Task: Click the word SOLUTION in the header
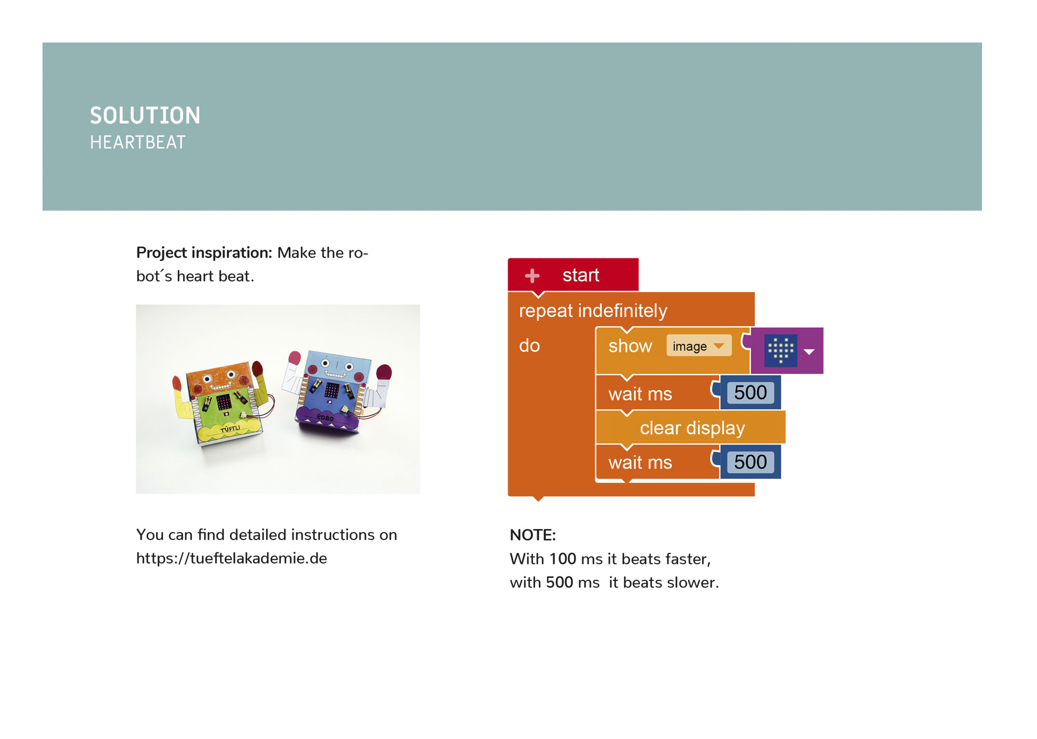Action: pyautogui.click(x=145, y=116)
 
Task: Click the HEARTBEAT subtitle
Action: pyautogui.click(x=137, y=143)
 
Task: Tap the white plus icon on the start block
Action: pyautogui.click(x=532, y=276)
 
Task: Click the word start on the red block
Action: pyautogui.click(x=581, y=275)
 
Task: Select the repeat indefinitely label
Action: pyautogui.click(x=593, y=311)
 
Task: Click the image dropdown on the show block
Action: pyautogui.click(x=698, y=346)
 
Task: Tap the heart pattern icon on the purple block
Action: pyautogui.click(x=781, y=350)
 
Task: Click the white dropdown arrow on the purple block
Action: pyautogui.click(x=809, y=352)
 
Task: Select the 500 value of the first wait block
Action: pyautogui.click(x=750, y=393)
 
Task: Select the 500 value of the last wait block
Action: pyautogui.click(x=750, y=462)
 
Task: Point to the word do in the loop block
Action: pyautogui.click(x=529, y=346)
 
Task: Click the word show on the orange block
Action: pyautogui.click(x=630, y=346)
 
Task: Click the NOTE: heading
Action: pyautogui.click(x=532, y=535)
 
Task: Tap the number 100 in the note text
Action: pyautogui.click(x=563, y=559)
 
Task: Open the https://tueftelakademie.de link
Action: pyautogui.click(x=231, y=558)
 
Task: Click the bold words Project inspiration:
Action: pyautogui.click(x=204, y=252)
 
